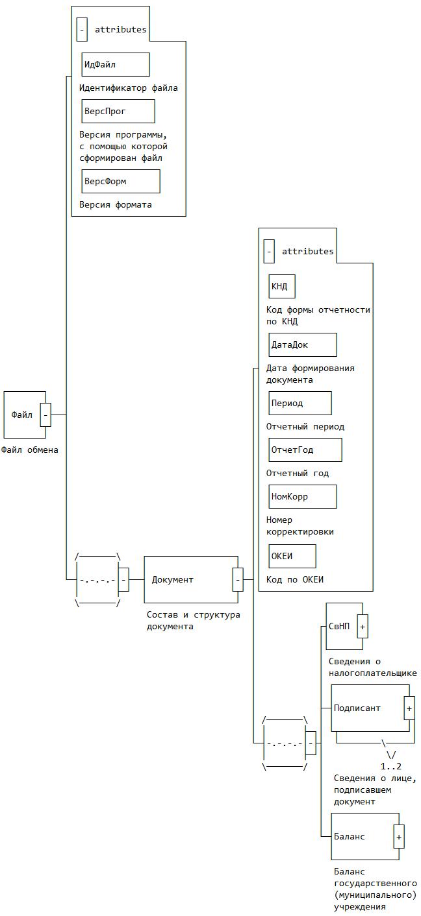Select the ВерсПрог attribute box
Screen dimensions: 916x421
coord(118,111)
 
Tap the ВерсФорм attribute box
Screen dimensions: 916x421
coord(121,182)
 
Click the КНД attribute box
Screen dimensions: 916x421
coord(282,286)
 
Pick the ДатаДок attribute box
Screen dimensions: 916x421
coord(303,344)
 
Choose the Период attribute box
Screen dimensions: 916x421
coord(300,403)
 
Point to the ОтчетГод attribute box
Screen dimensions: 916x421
coord(305,450)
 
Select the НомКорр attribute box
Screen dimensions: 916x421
coord(303,496)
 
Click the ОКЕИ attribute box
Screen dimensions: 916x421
coord(292,556)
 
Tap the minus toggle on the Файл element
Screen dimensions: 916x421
coord(45,415)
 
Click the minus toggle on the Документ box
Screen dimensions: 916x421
coord(238,579)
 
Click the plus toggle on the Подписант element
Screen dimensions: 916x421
coord(409,708)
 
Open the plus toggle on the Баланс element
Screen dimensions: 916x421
coord(399,837)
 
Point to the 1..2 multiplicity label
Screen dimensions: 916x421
coord(391,766)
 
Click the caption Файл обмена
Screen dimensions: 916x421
coord(30,450)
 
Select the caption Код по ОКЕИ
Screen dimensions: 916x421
coord(295,579)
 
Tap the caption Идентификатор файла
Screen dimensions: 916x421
coord(129,88)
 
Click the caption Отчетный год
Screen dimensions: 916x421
coord(298,473)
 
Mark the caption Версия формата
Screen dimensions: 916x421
coord(116,204)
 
